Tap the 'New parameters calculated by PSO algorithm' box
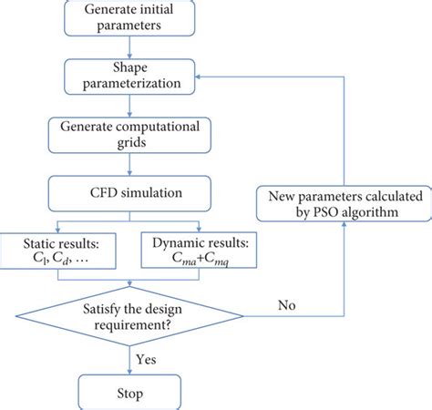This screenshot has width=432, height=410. [344, 201]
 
